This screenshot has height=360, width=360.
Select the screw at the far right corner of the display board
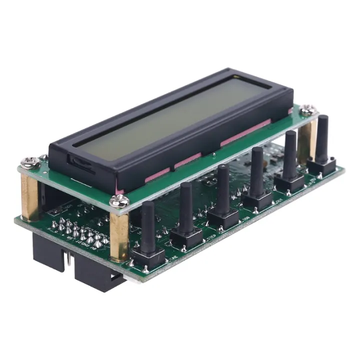pos(308,109)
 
